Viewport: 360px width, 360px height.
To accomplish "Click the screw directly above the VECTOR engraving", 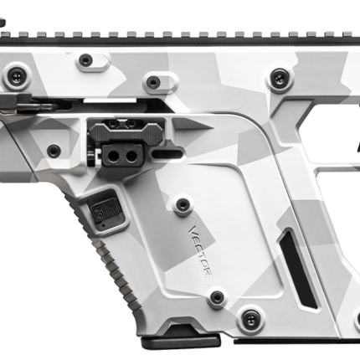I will click(x=181, y=203).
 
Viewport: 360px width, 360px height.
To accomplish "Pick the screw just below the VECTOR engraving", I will click(x=217, y=297).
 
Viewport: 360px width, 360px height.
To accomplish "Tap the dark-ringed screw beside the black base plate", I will click(x=248, y=318).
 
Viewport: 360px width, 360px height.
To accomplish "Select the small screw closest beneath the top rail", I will click(x=85, y=60).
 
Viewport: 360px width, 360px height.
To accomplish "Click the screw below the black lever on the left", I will click(x=54, y=151).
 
